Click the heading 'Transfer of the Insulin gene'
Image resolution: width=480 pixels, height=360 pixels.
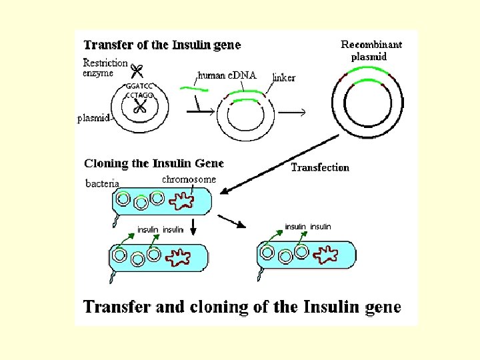point(162,45)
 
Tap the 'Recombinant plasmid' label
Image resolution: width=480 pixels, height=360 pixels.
point(371,50)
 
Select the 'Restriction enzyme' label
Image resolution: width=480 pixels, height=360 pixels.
point(105,68)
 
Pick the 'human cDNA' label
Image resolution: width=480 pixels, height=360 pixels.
point(227,75)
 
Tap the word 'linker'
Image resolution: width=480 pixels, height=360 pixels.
point(284,78)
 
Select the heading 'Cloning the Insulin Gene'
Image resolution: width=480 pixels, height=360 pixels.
point(154,163)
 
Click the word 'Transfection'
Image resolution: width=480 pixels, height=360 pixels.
point(320,167)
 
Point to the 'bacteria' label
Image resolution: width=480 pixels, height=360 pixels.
point(103,183)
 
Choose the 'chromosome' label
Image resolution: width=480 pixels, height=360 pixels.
point(189,179)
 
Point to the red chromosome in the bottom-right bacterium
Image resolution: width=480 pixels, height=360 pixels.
point(326,254)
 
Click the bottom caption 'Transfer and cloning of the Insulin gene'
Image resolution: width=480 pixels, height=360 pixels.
point(242,307)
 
